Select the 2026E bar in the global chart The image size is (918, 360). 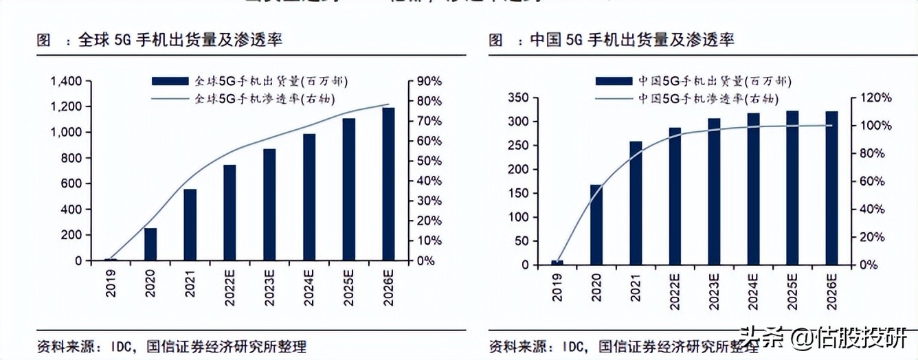(x=388, y=184)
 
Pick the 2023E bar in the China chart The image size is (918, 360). (x=714, y=191)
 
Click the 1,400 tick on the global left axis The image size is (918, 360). (x=67, y=81)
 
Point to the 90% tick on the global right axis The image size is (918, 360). (x=429, y=81)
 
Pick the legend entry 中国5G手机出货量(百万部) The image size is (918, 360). (x=694, y=81)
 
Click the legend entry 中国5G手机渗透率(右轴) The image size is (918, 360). (x=694, y=99)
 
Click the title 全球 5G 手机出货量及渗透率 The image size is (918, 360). (x=180, y=41)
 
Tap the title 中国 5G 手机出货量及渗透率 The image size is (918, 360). (x=632, y=41)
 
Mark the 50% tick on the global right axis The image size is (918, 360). (x=429, y=161)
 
